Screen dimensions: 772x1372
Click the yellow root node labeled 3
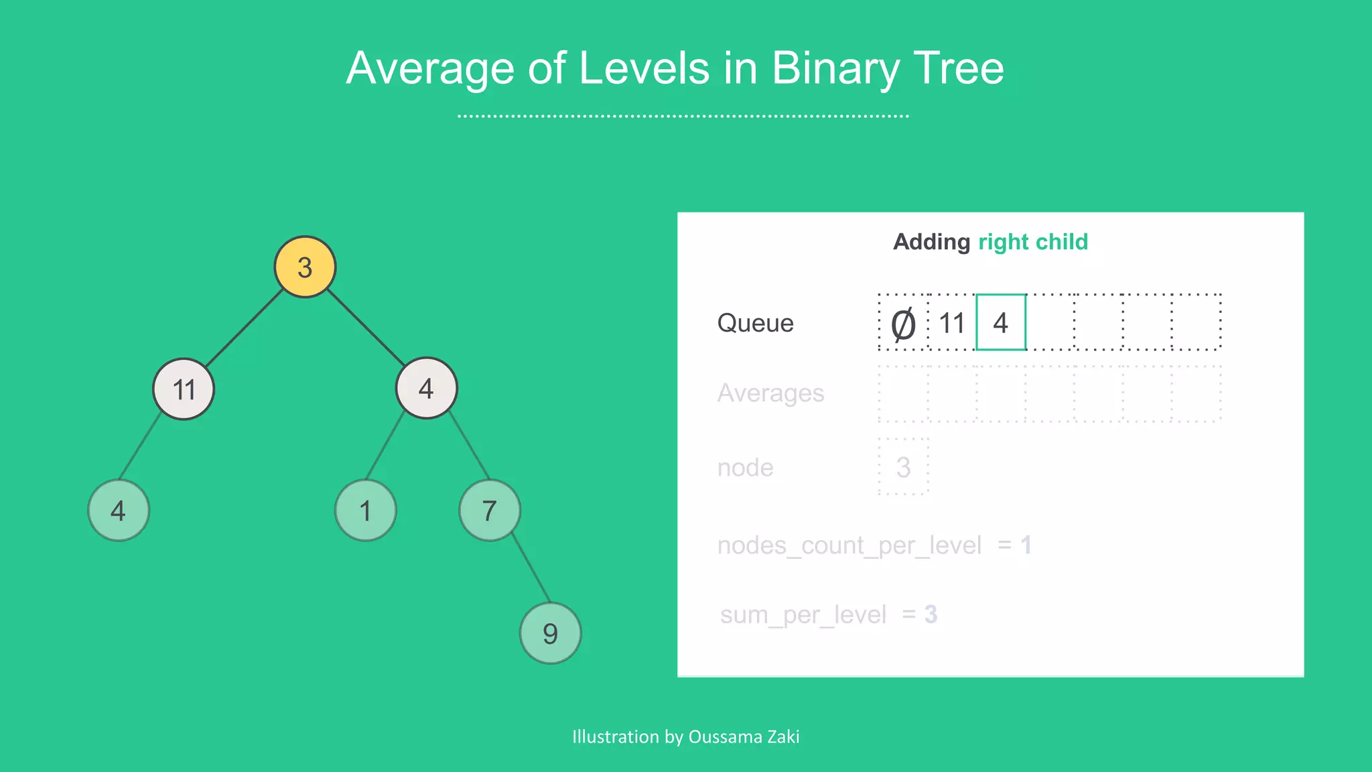[305, 267]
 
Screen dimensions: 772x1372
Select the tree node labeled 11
[184, 389]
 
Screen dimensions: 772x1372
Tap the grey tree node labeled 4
[426, 389]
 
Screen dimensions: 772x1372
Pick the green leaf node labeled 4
[119, 511]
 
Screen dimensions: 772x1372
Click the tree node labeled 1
[365, 511]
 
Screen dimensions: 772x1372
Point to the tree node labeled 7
[490, 511]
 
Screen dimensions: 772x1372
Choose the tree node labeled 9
[550, 633]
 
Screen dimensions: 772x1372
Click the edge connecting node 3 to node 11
[245, 328]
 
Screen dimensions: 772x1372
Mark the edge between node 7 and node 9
[531, 569]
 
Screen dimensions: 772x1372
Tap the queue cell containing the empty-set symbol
[903, 323]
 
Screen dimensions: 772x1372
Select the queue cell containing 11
[952, 323]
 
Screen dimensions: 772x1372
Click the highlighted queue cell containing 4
[1001, 323]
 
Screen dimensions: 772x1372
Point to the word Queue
[755, 323]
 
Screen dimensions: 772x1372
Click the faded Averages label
[770, 393]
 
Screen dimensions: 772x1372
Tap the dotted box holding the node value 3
[903, 467]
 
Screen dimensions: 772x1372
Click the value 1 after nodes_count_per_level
[1026, 545]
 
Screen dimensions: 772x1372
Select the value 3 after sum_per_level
[931, 615]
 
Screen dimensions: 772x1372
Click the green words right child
[1033, 242]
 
